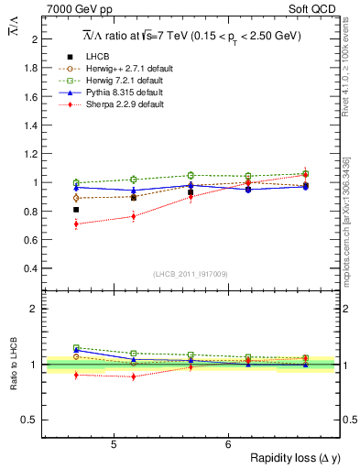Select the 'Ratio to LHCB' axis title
[13, 364]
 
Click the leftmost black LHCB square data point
[76, 210]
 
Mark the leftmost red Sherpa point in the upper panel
[76, 224]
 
